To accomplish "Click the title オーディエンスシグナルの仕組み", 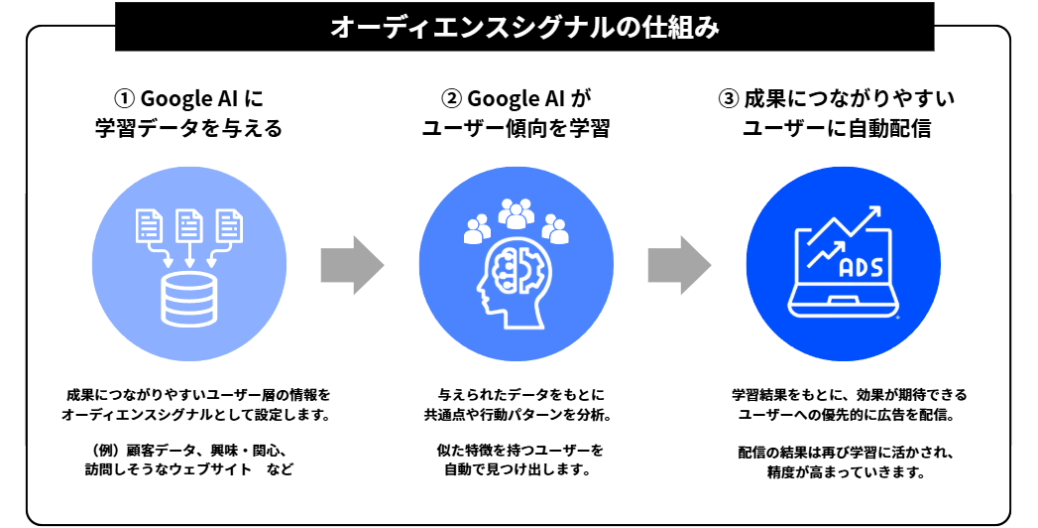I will click(x=524, y=27).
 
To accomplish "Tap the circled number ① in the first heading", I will click(x=124, y=99).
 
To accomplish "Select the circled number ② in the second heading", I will click(x=451, y=99).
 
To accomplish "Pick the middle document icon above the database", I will click(x=188, y=226).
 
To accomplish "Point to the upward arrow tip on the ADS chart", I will click(x=875, y=213).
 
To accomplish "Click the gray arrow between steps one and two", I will click(x=351, y=265).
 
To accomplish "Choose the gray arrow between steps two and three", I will click(x=679, y=265).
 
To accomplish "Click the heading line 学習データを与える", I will click(x=188, y=129).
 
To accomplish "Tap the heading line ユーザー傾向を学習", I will click(x=516, y=129).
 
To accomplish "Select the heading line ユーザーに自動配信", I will click(x=843, y=129).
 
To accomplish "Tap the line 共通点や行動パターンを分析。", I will click(x=516, y=414).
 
